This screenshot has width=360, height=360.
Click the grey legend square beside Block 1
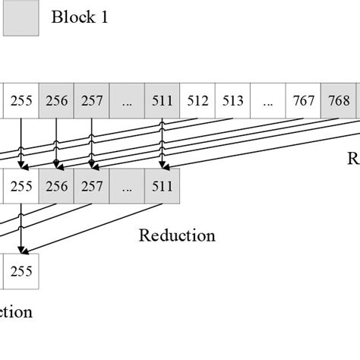21,18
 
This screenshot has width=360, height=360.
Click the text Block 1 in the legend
80,17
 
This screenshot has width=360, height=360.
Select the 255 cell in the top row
21,101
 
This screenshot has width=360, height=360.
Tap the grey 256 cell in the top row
56,101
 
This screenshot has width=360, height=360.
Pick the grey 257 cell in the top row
91,101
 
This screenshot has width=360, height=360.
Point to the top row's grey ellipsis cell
127,101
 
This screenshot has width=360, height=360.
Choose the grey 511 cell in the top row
162,101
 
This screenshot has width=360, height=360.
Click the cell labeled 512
197,101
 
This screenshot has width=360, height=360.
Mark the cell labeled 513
232,101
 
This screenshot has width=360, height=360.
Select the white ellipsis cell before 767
268,101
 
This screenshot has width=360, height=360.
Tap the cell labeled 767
303,101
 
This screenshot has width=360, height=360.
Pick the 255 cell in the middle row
21,185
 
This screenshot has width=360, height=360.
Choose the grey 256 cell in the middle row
56,185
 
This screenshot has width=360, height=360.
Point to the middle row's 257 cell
91,185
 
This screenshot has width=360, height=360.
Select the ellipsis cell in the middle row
127,185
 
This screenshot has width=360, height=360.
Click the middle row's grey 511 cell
162,185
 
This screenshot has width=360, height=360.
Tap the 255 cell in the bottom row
21,270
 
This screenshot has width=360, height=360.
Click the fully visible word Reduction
177,235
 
